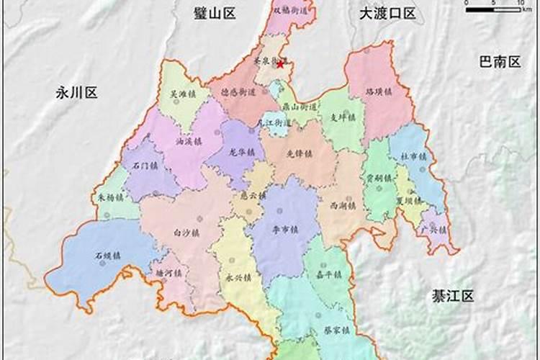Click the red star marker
click(x=280, y=64)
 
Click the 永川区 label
click(x=76, y=92)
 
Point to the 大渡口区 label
click(x=388, y=13)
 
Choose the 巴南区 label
click(x=500, y=62)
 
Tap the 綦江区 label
click(x=453, y=296)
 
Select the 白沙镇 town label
click(x=186, y=232)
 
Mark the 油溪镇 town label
click(x=189, y=142)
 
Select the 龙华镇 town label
click(x=243, y=153)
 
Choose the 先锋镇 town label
click(x=298, y=153)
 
